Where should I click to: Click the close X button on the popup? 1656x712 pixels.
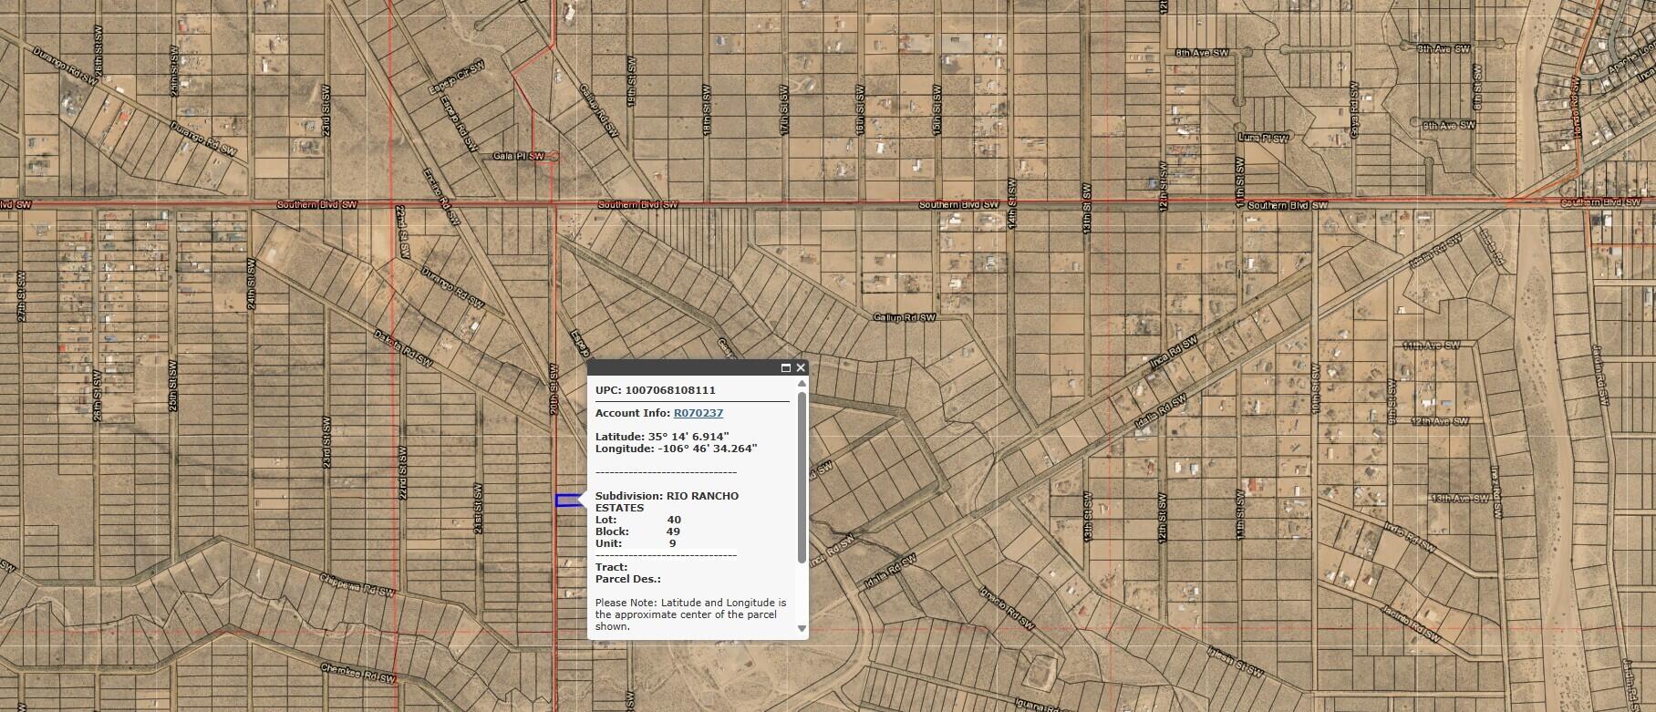801,368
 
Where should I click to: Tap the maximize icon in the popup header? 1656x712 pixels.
785,368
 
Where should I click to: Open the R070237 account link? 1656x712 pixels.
698,413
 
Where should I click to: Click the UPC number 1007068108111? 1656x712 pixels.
670,390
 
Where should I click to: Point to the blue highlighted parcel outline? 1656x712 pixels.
567,500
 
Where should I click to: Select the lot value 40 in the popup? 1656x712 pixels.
674,520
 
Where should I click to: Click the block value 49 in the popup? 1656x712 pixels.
673,531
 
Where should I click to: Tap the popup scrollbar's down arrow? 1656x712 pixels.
802,628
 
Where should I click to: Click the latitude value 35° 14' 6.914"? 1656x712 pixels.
688,437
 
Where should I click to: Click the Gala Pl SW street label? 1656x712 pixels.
517,156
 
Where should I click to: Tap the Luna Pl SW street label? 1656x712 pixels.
1263,138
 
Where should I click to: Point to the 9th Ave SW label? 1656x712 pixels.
1449,125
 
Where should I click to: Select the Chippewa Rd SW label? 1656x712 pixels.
356,584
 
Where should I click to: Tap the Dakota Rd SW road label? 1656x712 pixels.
402,347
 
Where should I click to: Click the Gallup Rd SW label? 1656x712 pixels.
904,317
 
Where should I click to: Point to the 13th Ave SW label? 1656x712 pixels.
1459,499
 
